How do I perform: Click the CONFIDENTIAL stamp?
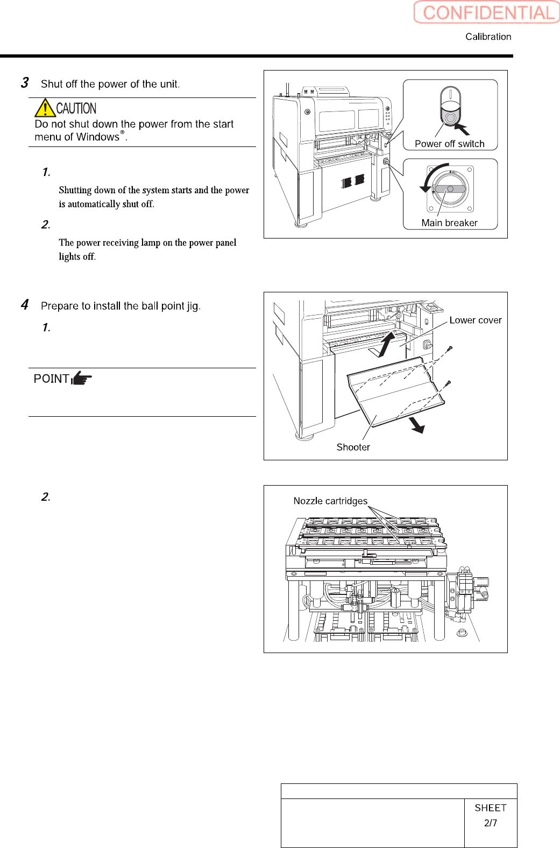pyautogui.click(x=487, y=12)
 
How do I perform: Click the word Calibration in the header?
pyautogui.click(x=488, y=37)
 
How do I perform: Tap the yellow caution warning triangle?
pyautogui.click(x=45, y=108)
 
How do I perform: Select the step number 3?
pyautogui.click(x=25, y=83)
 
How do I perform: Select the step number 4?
pyautogui.click(x=25, y=305)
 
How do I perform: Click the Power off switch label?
pyautogui.click(x=449, y=144)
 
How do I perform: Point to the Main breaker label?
pyautogui.click(x=449, y=223)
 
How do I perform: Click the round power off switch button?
pyautogui.click(x=450, y=117)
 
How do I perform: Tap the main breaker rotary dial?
pyautogui.click(x=450, y=189)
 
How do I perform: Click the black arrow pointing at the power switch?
pyautogui.click(x=462, y=129)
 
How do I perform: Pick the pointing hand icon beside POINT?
pyautogui.click(x=82, y=378)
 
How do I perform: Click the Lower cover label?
pyautogui.click(x=475, y=320)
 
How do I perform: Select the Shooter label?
pyautogui.click(x=353, y=447)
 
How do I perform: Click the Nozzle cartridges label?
pyautogui.click(x=330, y=501)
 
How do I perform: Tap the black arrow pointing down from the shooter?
pyautogui.click(x=417, y=425)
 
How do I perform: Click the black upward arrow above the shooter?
pyautogui.click(x=386, y=344)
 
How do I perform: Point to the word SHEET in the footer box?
pyautogui.click(x=490, y=808)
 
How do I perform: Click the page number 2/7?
pyautogui.click(x=490, y=823)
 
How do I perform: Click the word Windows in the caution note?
pyautogui.click(x=97, y=137)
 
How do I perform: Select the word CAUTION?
pyautogui.click(x=76, y=108)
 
